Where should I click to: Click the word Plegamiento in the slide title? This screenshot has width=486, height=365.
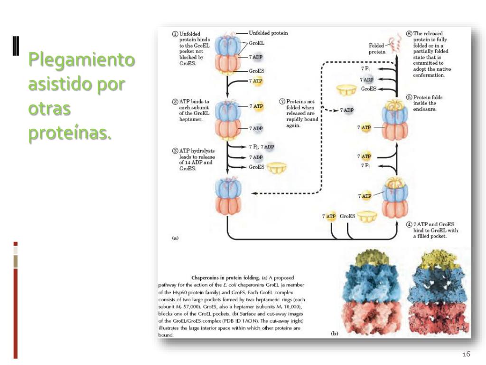[81, 60]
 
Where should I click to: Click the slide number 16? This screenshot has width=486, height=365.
[466, 355]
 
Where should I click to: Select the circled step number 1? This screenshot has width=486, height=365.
[175, 34]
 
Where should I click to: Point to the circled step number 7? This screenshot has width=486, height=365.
[282, 101]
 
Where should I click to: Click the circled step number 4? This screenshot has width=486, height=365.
[409, 224]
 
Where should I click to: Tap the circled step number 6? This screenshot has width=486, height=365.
[409, 34]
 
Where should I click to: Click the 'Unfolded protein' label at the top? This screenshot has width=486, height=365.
[268, 33]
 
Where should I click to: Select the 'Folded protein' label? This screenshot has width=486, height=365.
[377, 48]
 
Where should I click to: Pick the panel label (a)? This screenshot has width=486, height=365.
[175, 238]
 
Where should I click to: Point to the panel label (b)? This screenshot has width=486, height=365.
[334, 334]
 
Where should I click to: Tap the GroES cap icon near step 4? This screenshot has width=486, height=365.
[367, 217]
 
